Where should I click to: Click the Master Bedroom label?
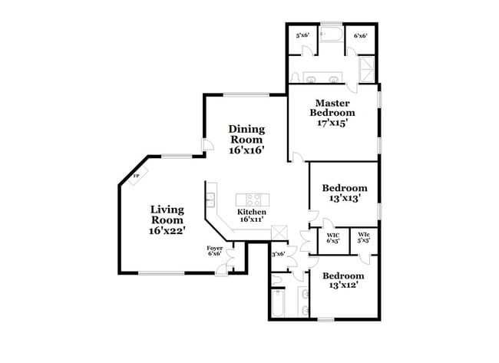coord(334,112)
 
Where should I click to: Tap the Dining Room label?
coord(246,140)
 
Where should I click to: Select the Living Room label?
coord(167,219)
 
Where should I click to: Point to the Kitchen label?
coord(251,215)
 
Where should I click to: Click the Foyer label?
coord(215,251)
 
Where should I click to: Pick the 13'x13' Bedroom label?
coord(344,193)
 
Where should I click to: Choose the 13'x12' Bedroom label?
coord(343,281)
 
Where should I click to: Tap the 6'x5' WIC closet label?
coord(333,238)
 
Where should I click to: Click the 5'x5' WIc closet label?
coord(364,238)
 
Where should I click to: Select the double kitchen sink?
coord(210,200)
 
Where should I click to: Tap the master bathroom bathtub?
coord(332,35)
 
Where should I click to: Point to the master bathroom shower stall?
coord(367,68)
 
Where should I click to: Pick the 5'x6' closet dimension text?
coord(302,35)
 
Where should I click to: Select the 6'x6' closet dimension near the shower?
coord(359,35)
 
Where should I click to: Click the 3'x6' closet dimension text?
coord(279,254)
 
